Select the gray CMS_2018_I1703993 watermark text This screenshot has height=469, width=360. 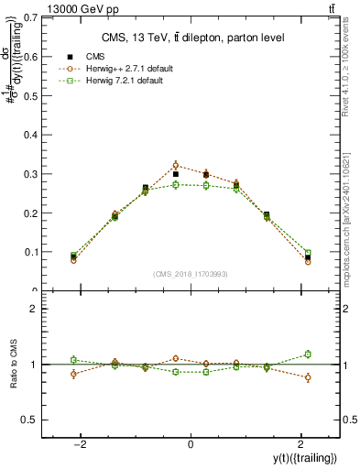191,274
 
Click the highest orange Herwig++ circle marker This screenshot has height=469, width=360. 176,166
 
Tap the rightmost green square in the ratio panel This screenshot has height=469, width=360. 308,354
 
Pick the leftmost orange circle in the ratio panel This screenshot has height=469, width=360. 73,374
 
